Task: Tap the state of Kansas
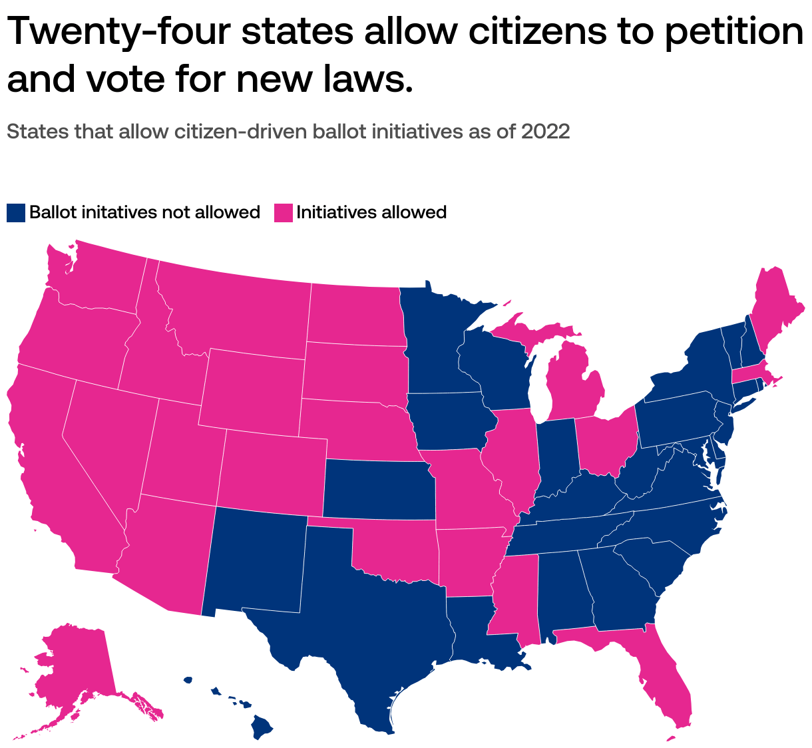coord(379,489)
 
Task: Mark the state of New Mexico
coord(256,559)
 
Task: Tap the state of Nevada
coord(106,433)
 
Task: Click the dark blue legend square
coord(16,213)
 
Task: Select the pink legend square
coord(284,213)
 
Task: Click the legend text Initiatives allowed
coord(371,213)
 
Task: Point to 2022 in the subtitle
coord(545,132)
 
